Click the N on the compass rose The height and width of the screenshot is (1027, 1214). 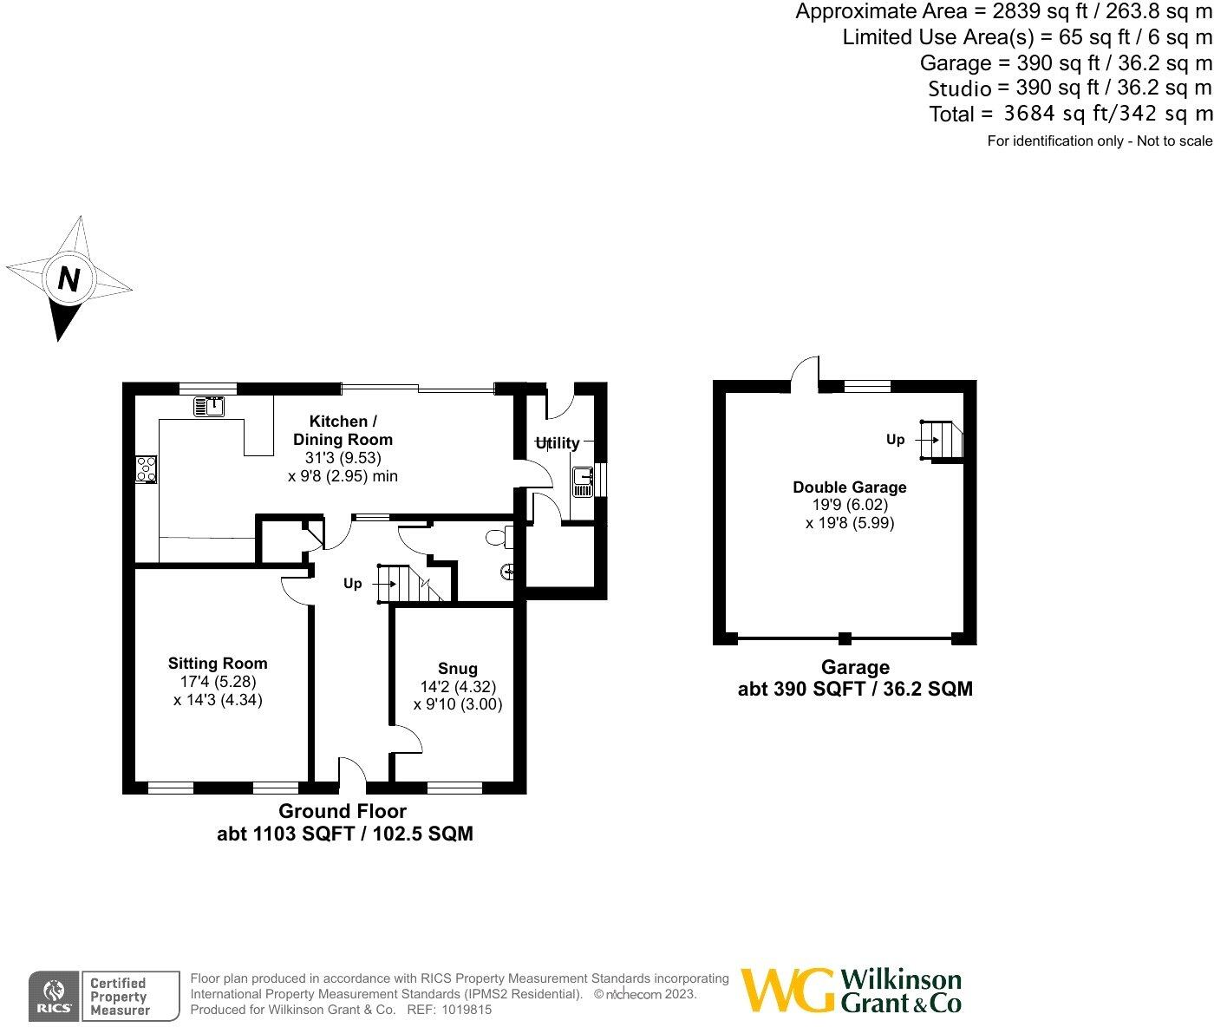coord(69,279)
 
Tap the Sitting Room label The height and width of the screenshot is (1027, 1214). coord(218,664)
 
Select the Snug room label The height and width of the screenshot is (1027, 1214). coord(457,668)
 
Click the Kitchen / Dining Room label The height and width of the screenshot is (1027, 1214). coord(343,430)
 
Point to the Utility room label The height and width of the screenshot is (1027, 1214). coord(558,443)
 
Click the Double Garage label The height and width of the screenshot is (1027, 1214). coord(849,487)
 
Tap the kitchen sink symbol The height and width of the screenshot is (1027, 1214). coord(209,405)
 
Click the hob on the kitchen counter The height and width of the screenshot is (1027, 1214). coord(146,468)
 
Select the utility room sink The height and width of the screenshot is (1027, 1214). coord(582,481)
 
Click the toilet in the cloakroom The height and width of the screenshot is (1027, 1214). coord(498,539)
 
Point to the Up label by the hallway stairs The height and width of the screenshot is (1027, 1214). coord(353,584)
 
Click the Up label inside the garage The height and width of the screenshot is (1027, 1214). coord(895,440)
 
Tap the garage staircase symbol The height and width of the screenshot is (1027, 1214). coord(943,440)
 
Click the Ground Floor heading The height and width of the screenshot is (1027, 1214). coord(343,811)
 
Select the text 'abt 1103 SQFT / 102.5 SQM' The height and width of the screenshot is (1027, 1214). coord(344,834)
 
